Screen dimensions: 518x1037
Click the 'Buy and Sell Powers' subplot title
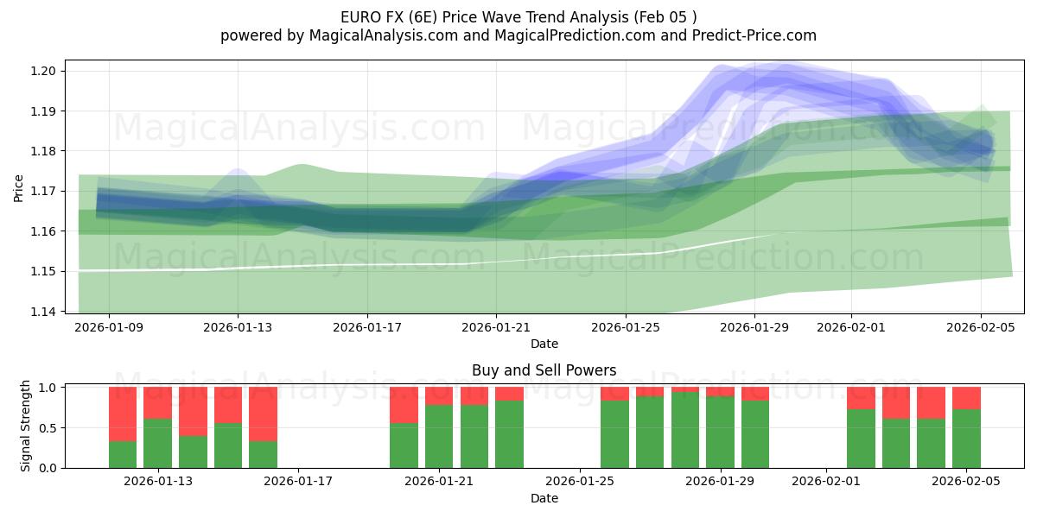pos(544,370)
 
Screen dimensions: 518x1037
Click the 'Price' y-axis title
pos(19,186)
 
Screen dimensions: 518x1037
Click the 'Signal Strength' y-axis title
pos(26,426)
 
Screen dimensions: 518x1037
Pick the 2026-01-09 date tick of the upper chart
pos(109,327)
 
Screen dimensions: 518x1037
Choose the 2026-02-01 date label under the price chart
pos(851,327)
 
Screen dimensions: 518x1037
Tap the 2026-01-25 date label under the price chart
pos(626,327)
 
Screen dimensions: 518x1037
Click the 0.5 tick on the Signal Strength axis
pos(49,428)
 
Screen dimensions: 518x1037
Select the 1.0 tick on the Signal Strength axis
pos(49,388)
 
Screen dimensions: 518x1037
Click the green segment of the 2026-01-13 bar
pos(158,443)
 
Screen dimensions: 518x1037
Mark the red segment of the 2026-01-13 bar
pos(158,402)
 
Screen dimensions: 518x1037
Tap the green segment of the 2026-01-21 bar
pos(439,436)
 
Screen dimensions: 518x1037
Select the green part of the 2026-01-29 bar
pos(720,432)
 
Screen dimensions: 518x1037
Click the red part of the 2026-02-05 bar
pos(966,398)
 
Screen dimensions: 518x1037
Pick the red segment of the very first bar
pos(123,414)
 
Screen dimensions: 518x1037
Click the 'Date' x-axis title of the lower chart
pos(544,498)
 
